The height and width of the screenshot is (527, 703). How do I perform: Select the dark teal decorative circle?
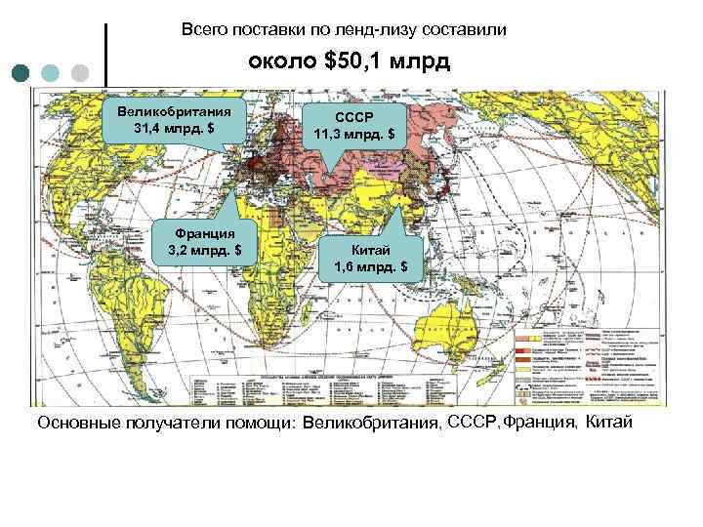[22, 73]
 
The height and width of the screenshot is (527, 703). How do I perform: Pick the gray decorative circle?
[81, 73]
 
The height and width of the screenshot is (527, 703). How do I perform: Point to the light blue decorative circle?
[52, 73]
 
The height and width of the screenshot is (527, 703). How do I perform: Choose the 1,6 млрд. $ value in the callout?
[372, 265]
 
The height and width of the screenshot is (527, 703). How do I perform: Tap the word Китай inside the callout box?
[372, 249]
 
